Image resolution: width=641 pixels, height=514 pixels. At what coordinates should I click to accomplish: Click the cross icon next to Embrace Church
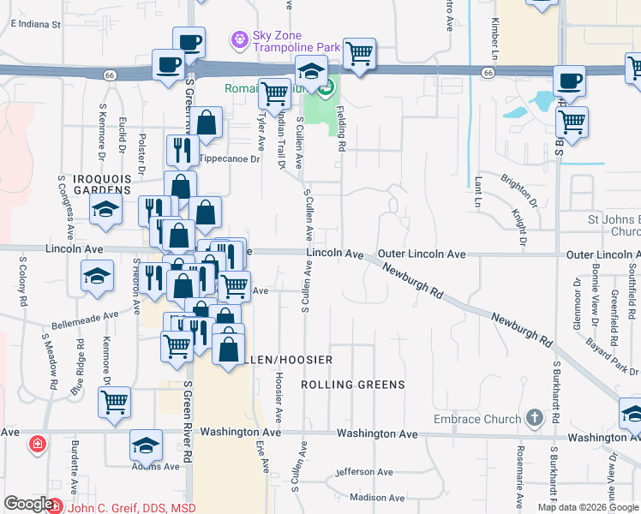(535, 418)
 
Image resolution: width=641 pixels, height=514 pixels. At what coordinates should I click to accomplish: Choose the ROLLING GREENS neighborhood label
(353, 385)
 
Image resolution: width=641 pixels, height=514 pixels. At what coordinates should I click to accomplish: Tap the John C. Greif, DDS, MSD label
(132, 508)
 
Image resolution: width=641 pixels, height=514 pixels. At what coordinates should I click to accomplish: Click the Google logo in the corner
(28, 504)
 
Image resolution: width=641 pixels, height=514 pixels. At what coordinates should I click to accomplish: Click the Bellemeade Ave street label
(85, 315)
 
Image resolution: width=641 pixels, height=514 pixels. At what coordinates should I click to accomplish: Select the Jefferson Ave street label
(366, 472)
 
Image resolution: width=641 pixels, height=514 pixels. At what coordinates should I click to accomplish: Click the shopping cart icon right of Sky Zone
(360, 53)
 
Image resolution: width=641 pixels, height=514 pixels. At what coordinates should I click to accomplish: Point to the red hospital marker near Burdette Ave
(37, 444)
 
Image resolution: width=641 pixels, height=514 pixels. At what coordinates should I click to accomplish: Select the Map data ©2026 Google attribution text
(588, 507)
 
